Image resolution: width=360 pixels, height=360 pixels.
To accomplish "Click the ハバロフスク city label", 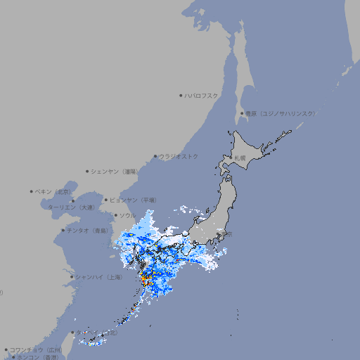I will coord(202,95).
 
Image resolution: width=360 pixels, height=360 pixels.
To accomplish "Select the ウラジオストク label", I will coord(179,156).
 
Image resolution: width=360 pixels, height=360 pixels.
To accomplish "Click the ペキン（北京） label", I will coord(53,191).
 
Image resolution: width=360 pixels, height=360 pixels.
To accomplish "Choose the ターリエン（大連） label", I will coord(71,207).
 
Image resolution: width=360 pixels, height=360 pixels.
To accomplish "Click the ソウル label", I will coord(127,215).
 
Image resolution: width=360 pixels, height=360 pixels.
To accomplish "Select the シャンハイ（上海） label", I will coord(98,277).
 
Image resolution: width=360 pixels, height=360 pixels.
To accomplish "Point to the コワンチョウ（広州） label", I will coord(35,349).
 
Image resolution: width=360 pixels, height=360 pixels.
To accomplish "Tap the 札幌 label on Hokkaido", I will coord(240,158).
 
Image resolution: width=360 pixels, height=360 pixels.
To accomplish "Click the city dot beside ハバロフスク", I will coord(181,95).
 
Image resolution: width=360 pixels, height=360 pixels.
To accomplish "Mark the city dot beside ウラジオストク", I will coord(155,156).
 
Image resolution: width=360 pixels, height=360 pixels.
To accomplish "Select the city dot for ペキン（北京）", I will coord(31,191).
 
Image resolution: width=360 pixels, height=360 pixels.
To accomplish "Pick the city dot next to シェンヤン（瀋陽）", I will coord(87,171).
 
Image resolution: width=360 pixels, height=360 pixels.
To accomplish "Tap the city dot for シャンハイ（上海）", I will coord(72,277).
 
